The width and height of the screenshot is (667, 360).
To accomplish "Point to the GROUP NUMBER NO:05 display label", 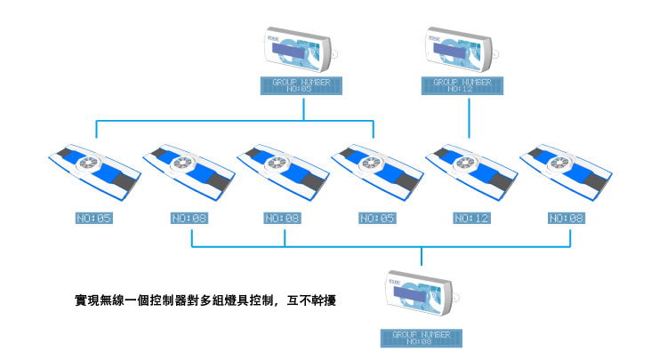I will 300,85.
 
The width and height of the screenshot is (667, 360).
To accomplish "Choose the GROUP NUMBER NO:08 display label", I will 421,337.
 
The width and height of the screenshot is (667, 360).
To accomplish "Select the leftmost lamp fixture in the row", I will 92,170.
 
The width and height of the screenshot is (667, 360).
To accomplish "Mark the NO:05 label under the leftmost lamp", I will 93,218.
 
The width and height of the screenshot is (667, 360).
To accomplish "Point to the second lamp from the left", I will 187,170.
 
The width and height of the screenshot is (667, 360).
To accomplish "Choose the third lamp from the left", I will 281,170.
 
